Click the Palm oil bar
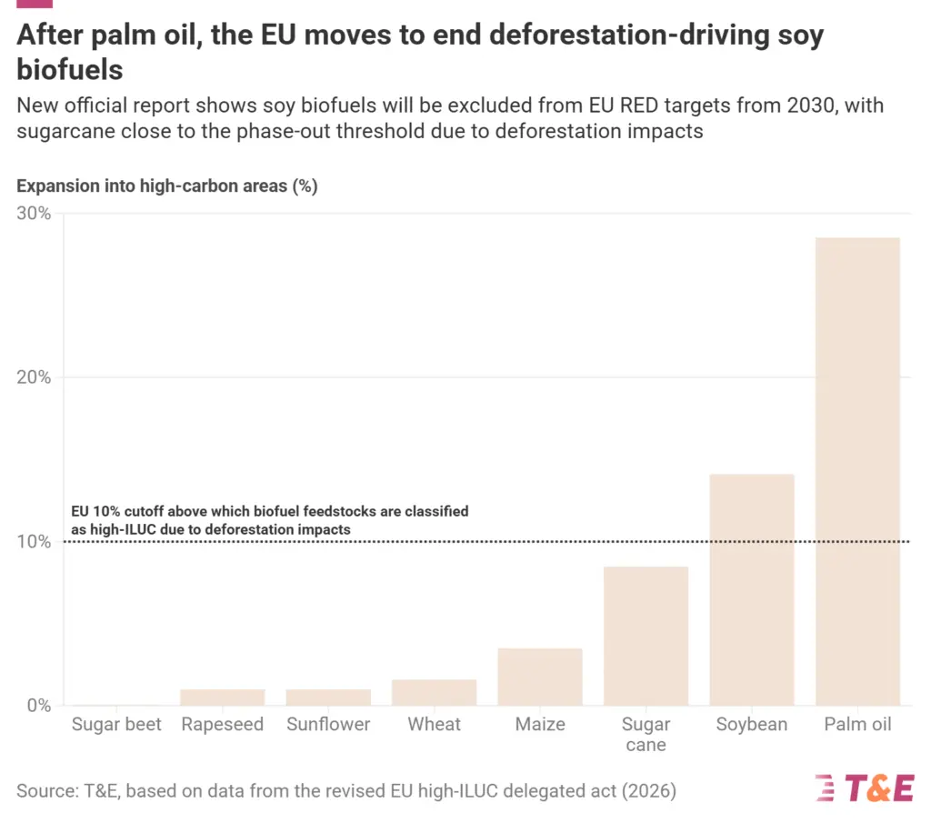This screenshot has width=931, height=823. tap(858, 471)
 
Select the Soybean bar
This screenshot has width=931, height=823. tap(752, 589)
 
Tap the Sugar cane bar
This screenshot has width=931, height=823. tap(646, 636)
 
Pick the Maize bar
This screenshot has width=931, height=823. tap(540, 677)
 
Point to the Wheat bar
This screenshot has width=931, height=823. tap(434, 692)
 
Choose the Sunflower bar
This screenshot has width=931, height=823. tap(328, 697)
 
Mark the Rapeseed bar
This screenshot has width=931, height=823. tap(222, 697)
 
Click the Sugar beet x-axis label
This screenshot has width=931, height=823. tap(116, 725)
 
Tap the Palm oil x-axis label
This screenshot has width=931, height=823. tap(858, 725)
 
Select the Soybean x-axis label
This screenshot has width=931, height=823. tap(752, 725)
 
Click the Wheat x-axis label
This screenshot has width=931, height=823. tap(434, 725)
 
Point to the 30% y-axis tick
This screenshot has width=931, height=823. tap(34, 214)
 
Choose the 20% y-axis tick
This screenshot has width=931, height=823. tap(34, 377)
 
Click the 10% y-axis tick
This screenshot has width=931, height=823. tap(34, 542)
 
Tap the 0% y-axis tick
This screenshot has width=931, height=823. tap(38, 706)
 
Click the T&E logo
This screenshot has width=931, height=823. tap(864, 788)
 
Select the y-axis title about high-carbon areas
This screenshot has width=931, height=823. tap(166, 186)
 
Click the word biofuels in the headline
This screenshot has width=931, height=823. tap(70, 69)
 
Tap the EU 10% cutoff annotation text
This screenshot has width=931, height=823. tap(270, 520)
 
